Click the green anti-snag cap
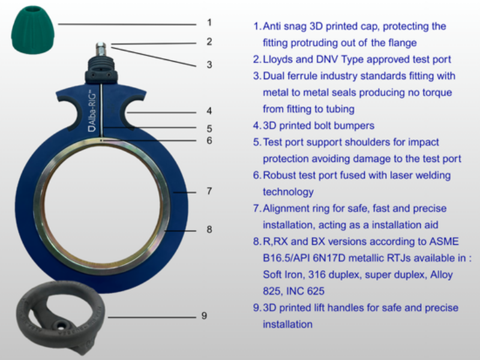click(x=33, y=30)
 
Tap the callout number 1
click(x=209, y=23)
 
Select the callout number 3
click(x=209, y=65)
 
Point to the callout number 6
click(x=209, y=140)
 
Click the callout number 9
click(x=204, y=316)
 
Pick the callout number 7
click(x=209, y=191)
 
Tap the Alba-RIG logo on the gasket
click(x=92, y=111)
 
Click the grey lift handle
click(x=61, y=317)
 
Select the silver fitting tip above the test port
click(x=101, y=49)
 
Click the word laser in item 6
click(x=394, y=175)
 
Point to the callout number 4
click(x=209, y=111)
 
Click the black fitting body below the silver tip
click(x=101, y=70)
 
